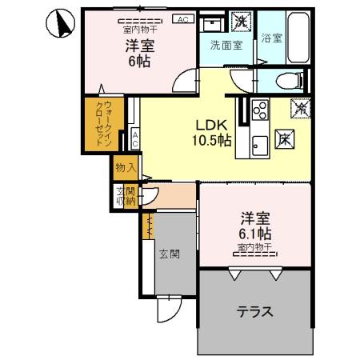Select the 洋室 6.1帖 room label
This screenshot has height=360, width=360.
[x=255, y=225]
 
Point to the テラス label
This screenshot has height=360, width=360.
[x=254, y=311]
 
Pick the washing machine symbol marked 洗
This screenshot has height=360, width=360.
[x=238, y=22]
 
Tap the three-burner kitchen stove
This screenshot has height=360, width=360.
[x=260, y=110]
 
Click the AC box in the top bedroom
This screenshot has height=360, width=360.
[x=182, y=19]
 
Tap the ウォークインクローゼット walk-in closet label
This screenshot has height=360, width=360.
[x=100, y=124]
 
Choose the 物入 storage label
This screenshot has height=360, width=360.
[x=125, y=168]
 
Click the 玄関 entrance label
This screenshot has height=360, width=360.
[x=168, y=254]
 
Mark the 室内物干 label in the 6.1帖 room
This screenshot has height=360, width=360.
[x=255, y=247]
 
